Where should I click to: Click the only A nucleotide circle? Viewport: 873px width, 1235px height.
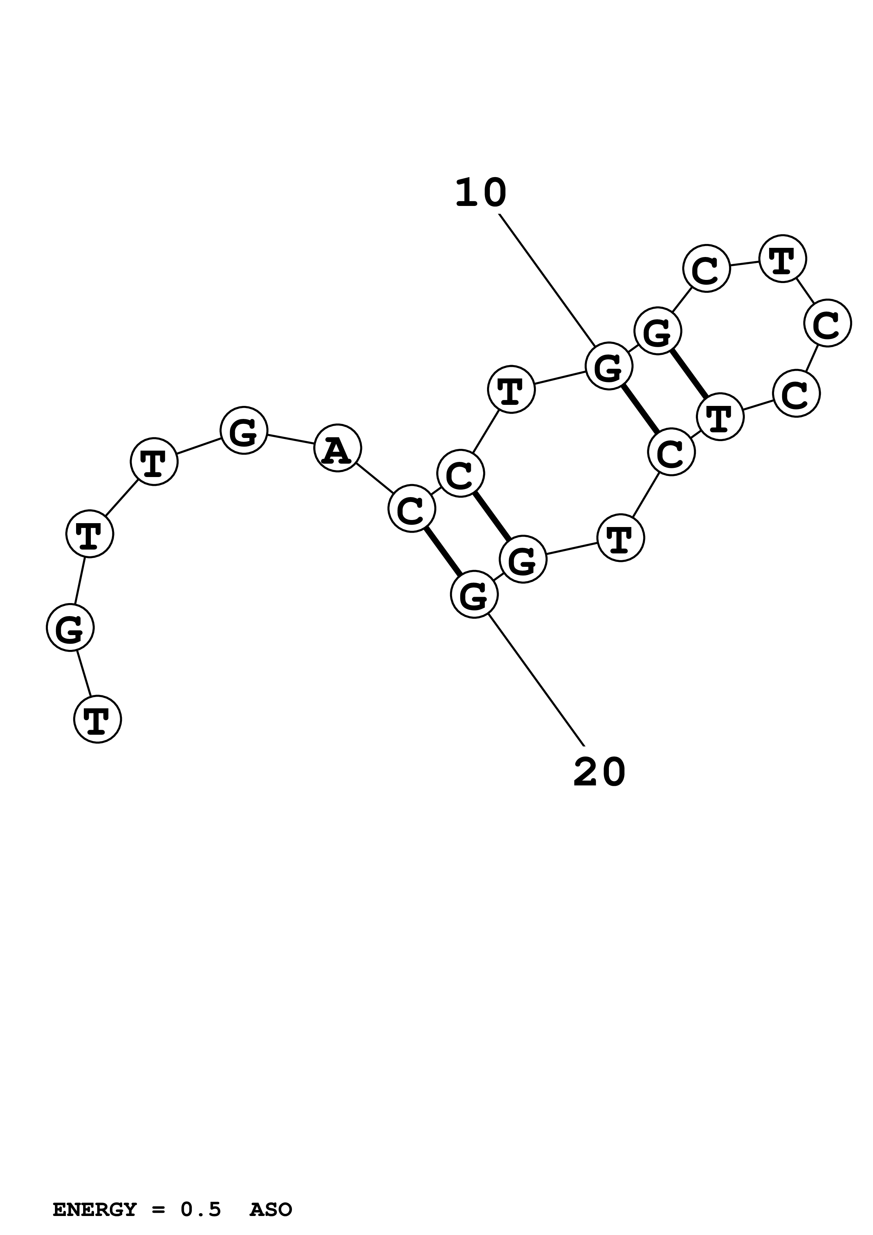click(337, 448)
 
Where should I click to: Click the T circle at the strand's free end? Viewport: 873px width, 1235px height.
click(97, 719)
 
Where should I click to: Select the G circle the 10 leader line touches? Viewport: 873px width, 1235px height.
click(609, 366)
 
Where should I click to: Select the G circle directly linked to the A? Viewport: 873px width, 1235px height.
click(244, 430)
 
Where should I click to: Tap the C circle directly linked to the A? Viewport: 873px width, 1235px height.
click(411, 508)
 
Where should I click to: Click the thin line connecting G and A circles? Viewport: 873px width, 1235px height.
click(291, 439)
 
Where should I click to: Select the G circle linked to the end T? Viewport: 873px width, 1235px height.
click(70, 627)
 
